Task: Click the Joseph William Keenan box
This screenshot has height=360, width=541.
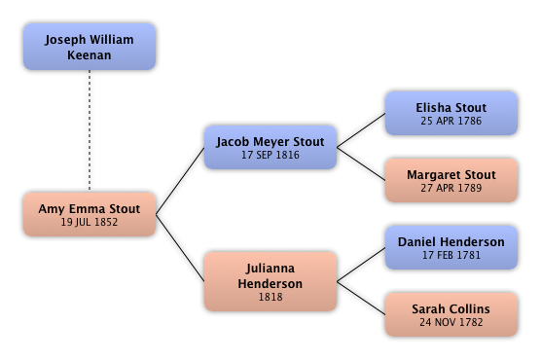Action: pyautogui.click(x=90, y=47)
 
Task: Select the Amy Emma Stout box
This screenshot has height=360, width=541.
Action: pyautogui.click(x=90, y=214)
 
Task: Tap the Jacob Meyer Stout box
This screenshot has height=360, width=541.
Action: pyautogui.click(x=270, y=147)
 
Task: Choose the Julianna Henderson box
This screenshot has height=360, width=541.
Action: pyautogui.click(x=270, y=281)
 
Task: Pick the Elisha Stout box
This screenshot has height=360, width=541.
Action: pyautogui.click(x=451, y=113)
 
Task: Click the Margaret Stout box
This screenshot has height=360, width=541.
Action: pyautogui.click(x=451, y=180)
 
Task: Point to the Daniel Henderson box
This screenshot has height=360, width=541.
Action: pyautogui.click(x=451, y=247)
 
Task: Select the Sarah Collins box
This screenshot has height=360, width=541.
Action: pyautogui.click(x=451, y=314)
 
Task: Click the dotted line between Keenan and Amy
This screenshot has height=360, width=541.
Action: pyautogui.click(x=90, y=130)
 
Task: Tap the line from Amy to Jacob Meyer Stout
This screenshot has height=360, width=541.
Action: pyautogui.click(x=180, y=181)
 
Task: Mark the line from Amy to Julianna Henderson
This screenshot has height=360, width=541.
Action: pyautogui.click(x=180, y=248)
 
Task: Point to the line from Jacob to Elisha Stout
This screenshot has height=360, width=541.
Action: pyautogui.click(x=361, y=130)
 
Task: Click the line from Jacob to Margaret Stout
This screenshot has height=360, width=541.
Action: pyautogui.click(x=361, y=164)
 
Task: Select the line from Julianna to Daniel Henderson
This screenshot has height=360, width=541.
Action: pyautogui.click(x=361, y=265)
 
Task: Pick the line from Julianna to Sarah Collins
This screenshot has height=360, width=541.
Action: pyautogui.click(x=361, y=298)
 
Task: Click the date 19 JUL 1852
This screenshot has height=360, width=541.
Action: pyautogui.click(x=90, y=222)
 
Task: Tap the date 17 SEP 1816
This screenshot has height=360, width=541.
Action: pyautogui.click(x=270, y=155)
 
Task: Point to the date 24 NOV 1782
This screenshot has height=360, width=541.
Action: pyautogui.click(x=451, y=322)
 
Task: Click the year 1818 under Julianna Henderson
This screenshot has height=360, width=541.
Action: pyautogui.click(x=270, y=297)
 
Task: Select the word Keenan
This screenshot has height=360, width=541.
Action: pyautogui.click(x=90, y=55)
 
